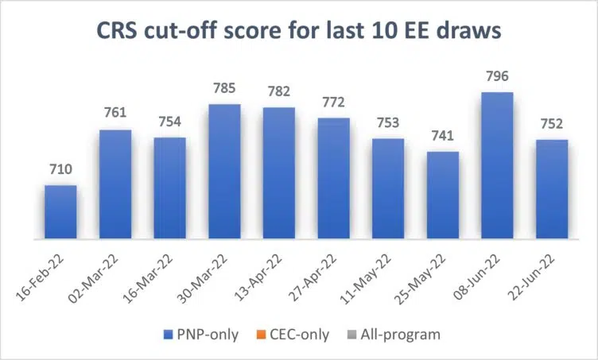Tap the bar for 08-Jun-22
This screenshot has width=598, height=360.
click(x=497, y=165)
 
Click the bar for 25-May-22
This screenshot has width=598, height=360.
click(x=443, y=195)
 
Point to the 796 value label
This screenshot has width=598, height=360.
click(x=497, y=77)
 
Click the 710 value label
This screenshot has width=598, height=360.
click(x=60, y=170)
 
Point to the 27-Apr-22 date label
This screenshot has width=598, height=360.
click(x=323, y=273)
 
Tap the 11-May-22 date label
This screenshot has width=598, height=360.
click(x=377, y=273)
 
